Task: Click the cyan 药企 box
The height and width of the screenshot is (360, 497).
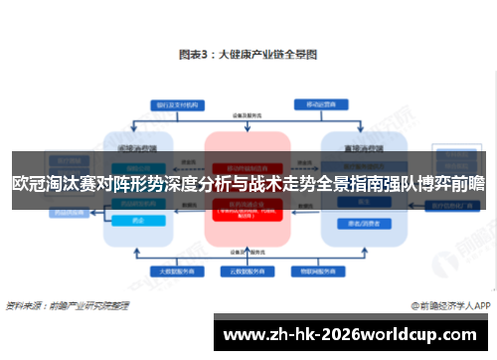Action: tap(137, 220)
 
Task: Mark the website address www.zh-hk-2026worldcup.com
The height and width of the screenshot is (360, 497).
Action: tap(354, 332)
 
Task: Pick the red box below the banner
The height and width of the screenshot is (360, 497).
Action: tap(247, 212)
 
